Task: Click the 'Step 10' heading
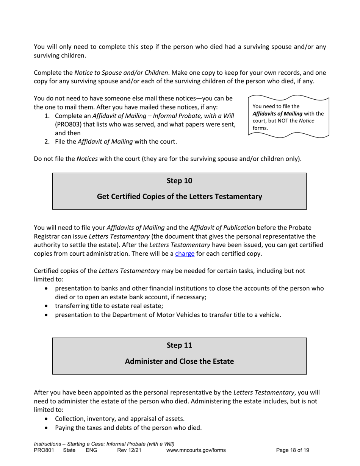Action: (179, 181)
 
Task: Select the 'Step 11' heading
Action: (179, 345)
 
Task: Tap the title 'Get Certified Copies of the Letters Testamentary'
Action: (179, 197)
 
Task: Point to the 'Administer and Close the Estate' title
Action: (179, 361)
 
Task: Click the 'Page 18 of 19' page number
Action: (293, 450)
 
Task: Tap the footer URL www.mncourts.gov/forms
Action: (196, 450)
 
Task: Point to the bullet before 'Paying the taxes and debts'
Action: (46, 428)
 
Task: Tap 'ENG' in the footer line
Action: (92, 450)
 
